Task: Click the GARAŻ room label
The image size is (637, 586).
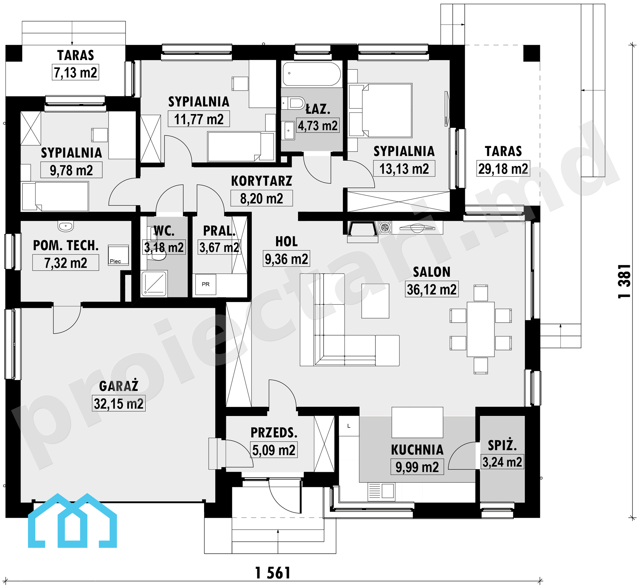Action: click(x=119, y=386)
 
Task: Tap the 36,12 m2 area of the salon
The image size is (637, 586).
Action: click(x=432, y=289)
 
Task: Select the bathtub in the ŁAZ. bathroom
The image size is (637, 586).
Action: click(x=312, y=74)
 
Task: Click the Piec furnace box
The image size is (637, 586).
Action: click(x=118, y=255)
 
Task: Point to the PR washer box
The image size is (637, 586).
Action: click(x=206, y=284)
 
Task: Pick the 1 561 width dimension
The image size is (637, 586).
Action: click(x=273, y=573)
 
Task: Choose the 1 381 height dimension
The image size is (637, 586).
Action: click(x=624, y=281)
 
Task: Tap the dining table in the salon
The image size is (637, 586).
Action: click(x=480, y=329)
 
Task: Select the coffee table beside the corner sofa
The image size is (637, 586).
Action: click(x=375, y=301)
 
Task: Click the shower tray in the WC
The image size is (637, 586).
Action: click(x=154, y=283)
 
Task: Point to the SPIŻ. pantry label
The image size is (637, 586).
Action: click(x=502, y=445)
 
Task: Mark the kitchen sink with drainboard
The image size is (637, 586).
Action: click(x=381, y=491)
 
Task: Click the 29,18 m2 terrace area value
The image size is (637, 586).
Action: click(x=503, y=169)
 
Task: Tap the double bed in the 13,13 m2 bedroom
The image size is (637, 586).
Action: click(x=387, y=110)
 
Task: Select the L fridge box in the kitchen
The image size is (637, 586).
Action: click(x=349, y=426)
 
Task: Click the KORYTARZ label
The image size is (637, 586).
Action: click(x=261, y=181)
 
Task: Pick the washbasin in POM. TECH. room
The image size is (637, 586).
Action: click(x=66, y=226)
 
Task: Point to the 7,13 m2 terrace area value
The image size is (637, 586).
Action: click(x=75, y=72)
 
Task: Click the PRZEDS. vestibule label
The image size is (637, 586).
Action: click(x=274, y=433)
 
